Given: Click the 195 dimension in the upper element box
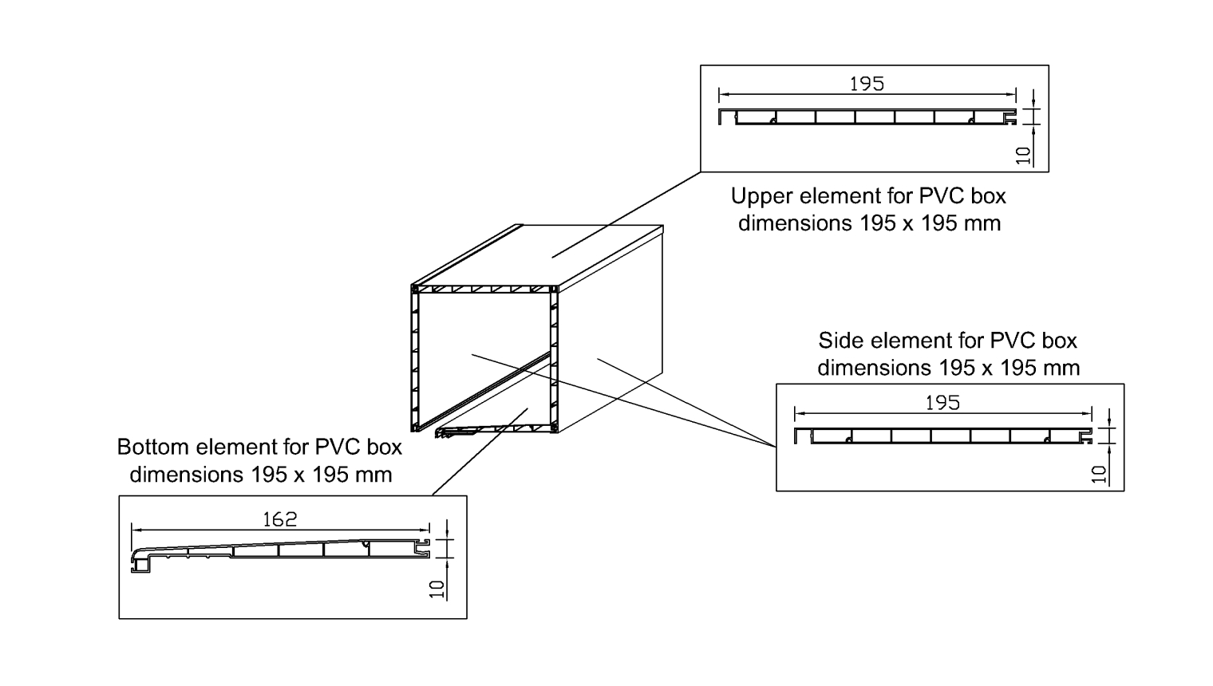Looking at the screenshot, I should point(867,84).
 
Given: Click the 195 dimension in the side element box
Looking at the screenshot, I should point(942,403).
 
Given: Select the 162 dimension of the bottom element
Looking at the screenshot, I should point(279,519).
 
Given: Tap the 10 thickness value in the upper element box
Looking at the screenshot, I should point(1024,155).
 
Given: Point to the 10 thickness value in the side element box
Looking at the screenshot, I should point(1100,474).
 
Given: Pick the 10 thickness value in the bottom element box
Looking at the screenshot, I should point(437,589).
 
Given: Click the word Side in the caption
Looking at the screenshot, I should point(841,341).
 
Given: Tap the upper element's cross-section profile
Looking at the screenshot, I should point(867,117).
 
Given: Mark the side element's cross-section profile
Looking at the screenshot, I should point(942,436).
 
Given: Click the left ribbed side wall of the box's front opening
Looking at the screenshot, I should point(415,359).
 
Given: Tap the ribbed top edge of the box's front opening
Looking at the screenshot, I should point(483,289).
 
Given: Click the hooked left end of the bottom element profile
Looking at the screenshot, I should point(140,562).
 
